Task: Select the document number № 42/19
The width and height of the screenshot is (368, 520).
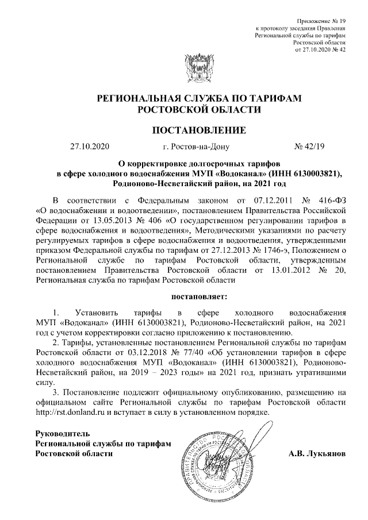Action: click(x=309, y=147)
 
